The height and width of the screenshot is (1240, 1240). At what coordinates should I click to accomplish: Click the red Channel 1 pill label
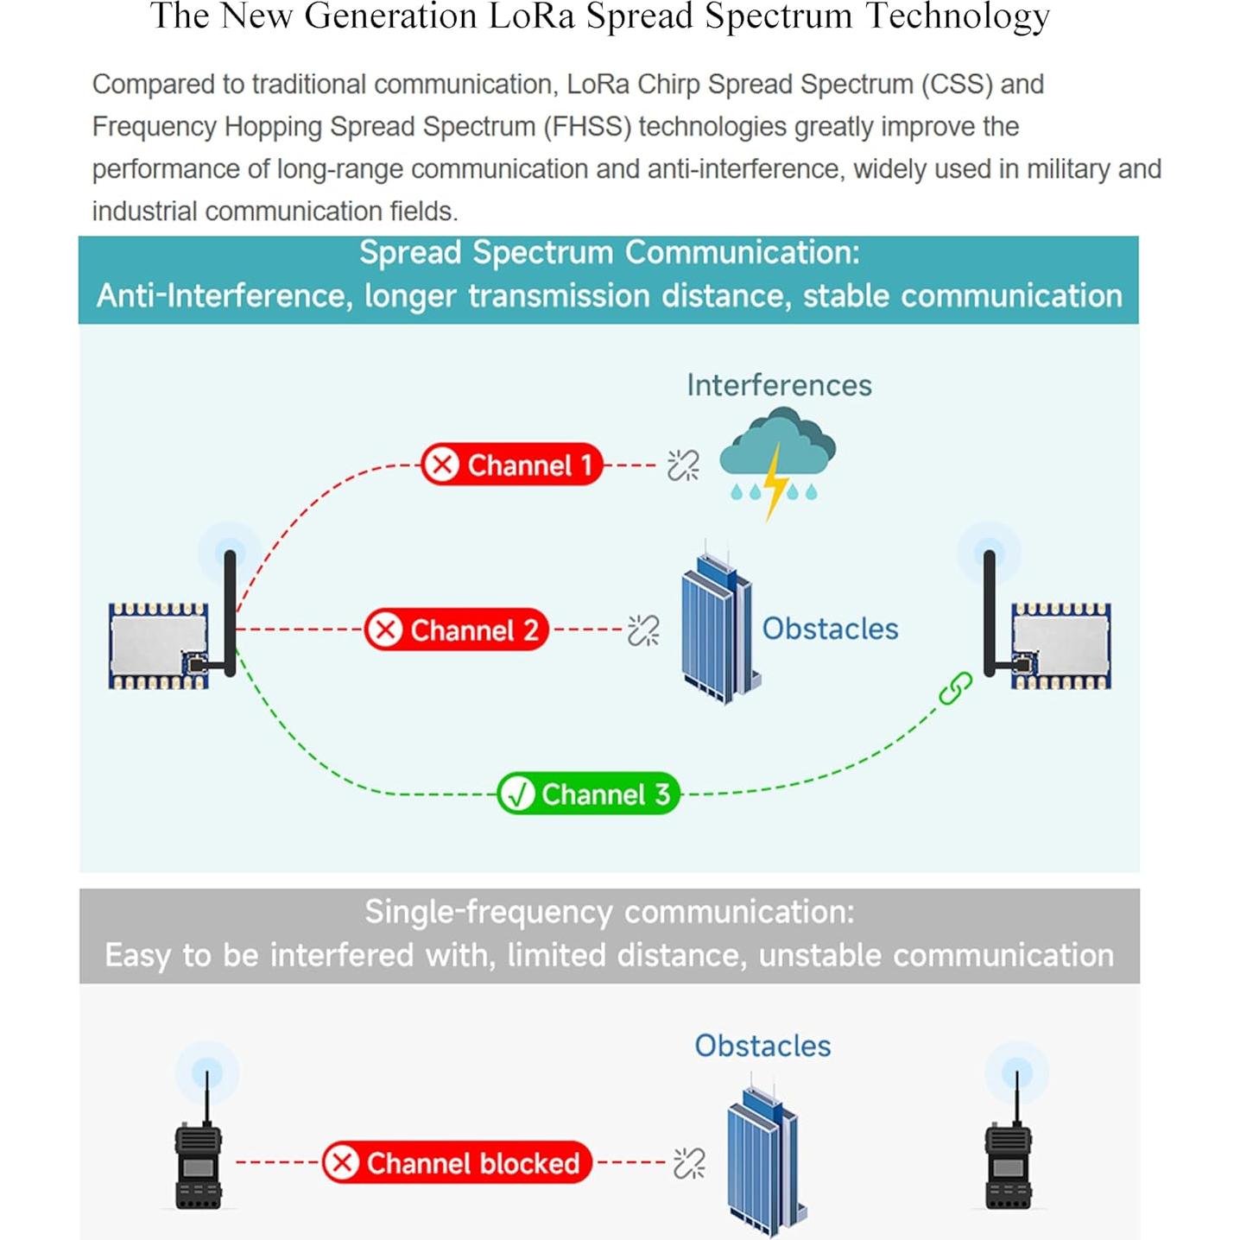pyautogui.click(x=512, y=465)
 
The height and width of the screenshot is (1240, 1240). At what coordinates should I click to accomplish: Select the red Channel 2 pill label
pyautogui.click(x=456, y=630)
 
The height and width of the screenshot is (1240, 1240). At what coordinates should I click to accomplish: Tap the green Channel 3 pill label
pyautogui.click(x=589, y=794)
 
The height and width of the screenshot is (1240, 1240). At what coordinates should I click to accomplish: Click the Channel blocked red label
pyautogui.click(x=458, y=1163)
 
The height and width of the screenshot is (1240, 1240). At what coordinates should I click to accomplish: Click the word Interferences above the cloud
pyautogui.click(x=779, y=385)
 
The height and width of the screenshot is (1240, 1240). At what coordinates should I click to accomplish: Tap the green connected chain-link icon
pyautogui.click(x=955, y=688)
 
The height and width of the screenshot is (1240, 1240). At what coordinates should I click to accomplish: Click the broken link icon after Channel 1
pyautogui.click(x=683, y=465)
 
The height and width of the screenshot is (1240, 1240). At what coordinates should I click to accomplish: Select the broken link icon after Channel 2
pyautogui.click(x=643, y=630)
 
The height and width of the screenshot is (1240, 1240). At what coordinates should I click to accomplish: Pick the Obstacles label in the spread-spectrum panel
pyautogui.click(x=830, y=629)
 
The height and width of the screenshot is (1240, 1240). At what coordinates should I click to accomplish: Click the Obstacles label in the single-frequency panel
pyautogui.click(x=762, y=1046)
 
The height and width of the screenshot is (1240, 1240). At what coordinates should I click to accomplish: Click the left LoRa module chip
pyautogui.click(x=158, y=646)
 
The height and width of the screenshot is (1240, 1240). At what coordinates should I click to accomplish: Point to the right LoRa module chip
pyautogui.click(x=1061, y=646)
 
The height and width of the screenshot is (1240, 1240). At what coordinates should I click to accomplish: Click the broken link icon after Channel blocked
pyautogui.click(x=689, y=1163)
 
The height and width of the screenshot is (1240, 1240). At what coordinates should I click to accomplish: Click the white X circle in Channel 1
pyautogui.click(x=443, y=465)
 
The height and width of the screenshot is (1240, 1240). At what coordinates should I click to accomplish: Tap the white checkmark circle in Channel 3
pyautogui.click(x=519, y=794)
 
